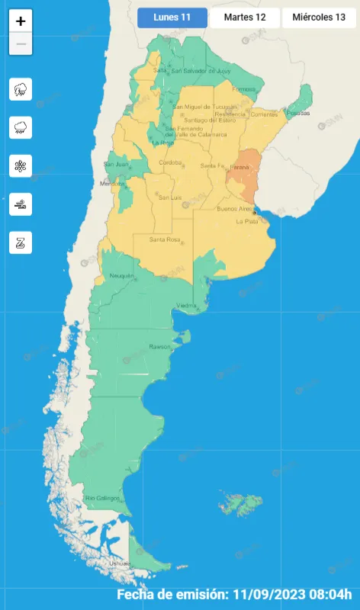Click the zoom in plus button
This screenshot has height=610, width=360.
(21, 21)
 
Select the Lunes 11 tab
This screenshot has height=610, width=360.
(173, 18)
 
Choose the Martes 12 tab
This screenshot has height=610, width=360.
(245, 18)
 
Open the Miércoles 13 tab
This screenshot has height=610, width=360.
(319, 18)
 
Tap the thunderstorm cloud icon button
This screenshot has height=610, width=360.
(21, 89)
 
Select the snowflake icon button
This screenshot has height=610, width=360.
(21, 165)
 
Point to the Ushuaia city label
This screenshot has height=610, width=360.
(120, 563)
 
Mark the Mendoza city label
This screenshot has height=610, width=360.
(112, 184)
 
